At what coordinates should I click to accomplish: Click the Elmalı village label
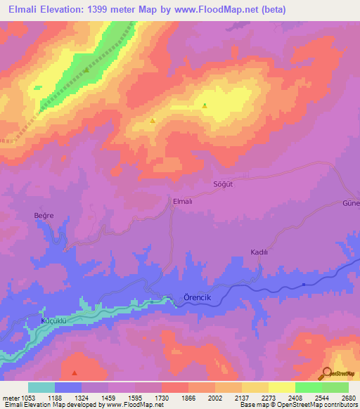183,201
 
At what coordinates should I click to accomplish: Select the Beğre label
44,215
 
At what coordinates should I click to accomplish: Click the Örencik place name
197,297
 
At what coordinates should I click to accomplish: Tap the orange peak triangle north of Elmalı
153,121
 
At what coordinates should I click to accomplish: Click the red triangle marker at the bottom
75,372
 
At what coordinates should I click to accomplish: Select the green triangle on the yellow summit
205,106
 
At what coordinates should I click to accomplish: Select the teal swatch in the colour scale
41,387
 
